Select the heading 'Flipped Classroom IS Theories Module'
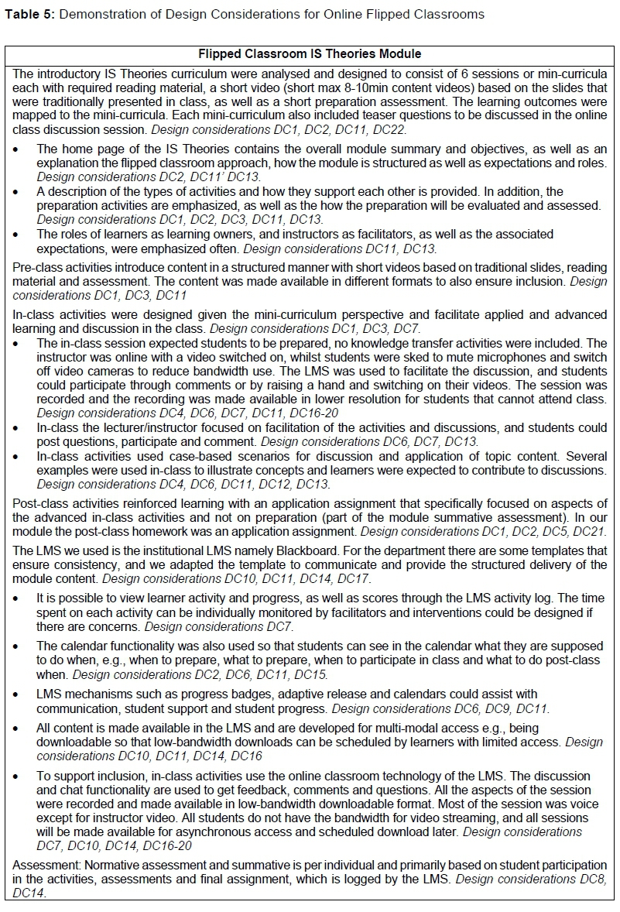click(x=310, y=54)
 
